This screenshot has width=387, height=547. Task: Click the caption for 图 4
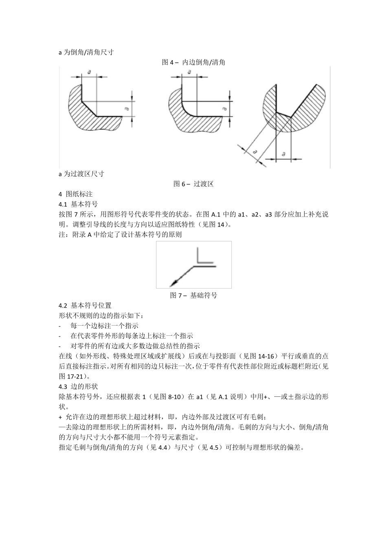tap(193, 62)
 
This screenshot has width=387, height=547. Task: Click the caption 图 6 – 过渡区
tap(193, 184)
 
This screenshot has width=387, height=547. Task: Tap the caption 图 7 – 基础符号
tap(193, 295)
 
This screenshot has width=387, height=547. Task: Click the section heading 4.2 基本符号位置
tap(85, 305)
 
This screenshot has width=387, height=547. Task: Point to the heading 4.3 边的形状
tap(78, 386)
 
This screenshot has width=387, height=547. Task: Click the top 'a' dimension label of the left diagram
tap(89, 72)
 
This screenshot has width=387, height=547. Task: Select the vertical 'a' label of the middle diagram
tap(224, 109)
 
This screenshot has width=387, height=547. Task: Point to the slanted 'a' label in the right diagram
tap(255, 152)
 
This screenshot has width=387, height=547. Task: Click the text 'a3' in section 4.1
tap(269, 214)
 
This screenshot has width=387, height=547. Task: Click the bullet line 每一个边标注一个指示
tap(104, 326)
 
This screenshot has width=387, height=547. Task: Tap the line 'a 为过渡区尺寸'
tap(81, 174)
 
